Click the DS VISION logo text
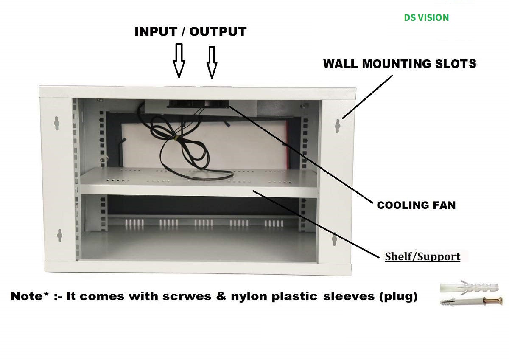point(426,17)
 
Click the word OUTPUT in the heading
point(218,31)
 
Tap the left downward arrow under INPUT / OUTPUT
point(179,61)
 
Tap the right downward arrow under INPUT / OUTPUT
point(212,62)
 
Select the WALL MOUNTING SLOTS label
point(400,64)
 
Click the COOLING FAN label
point(416,205)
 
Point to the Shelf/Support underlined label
point(422,256)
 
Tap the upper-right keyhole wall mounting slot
point(338,126)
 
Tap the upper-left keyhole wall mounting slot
point(57,123)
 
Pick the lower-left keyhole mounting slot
point(59,235)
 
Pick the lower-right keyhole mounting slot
point(334,239)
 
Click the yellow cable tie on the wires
point(174,138)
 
